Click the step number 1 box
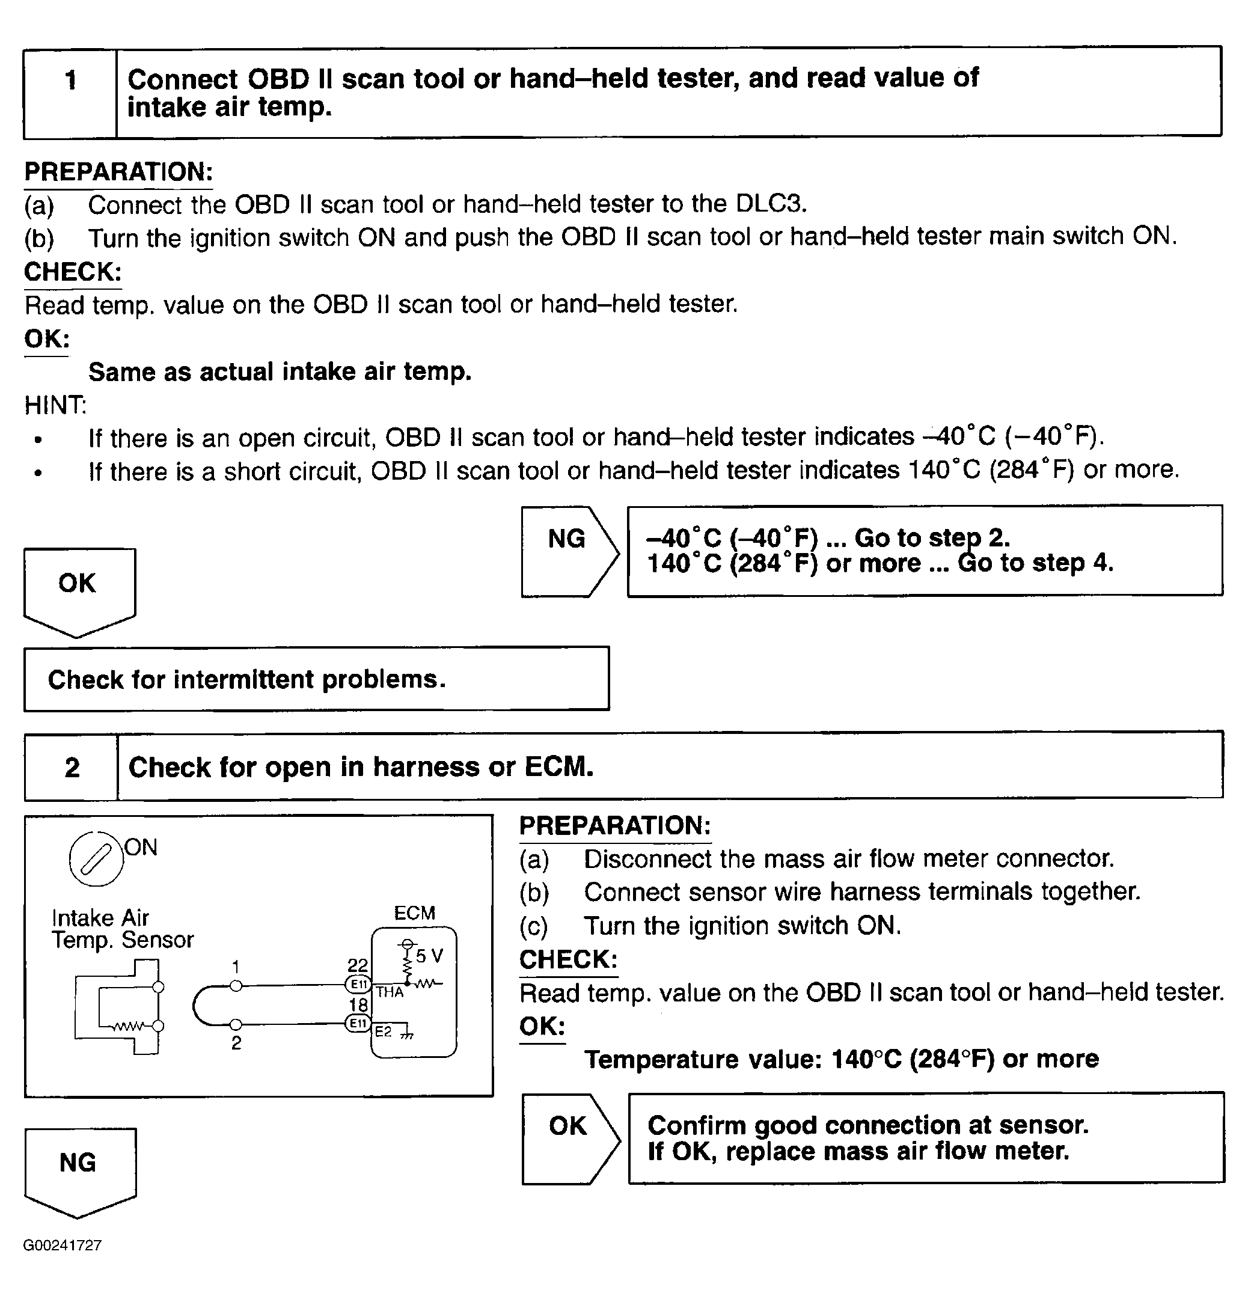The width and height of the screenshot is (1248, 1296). [x=70, y=93]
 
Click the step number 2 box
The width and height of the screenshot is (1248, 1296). [x=72, y=767]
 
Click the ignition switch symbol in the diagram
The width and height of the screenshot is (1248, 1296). [x=96, y=859]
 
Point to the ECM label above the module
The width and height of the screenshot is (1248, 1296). [x=414, y=913]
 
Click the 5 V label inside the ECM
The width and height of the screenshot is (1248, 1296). [x=429, y=956]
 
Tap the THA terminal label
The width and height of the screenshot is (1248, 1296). [x=390, y=992]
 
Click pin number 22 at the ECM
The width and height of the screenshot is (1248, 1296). [x=358, y=965]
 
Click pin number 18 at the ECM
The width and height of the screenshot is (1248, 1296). [x=358, y=1005]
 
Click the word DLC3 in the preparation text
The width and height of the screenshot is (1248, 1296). [x=771, y=204]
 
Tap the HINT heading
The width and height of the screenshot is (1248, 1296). [x=55, y=405]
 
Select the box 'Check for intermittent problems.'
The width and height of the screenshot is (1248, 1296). [x=316, y=679]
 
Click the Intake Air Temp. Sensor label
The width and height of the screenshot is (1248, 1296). [x=123, y=928]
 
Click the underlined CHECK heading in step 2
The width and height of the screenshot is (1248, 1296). [x=568, y=959]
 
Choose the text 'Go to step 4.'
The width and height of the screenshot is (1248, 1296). [x=1036, y=563]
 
